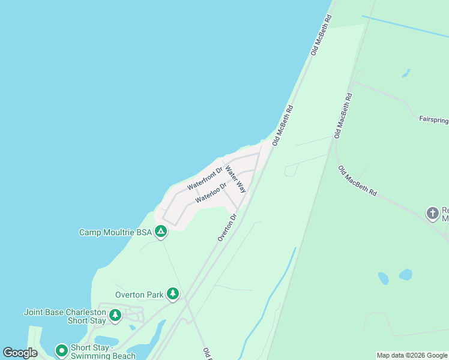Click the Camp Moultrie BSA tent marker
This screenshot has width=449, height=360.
click(160, 231)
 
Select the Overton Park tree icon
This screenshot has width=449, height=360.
click(173, 293)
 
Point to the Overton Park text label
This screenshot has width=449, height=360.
click(139, 295)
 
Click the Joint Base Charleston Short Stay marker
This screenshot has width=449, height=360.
click(115, 314)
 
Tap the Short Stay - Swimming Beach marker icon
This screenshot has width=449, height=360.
click(61, 350)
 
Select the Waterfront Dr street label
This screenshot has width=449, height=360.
click(205, 179)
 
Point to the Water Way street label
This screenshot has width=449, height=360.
click(236, 179)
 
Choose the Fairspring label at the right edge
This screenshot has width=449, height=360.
click(433, 119)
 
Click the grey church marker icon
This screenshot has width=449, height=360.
click(432, 214)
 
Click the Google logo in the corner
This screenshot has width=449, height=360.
click(20, 353)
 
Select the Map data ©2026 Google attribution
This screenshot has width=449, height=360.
click(412, 355)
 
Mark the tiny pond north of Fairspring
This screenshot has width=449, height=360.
click(406, 73)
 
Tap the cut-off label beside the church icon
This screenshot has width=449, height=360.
click(445, 214)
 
